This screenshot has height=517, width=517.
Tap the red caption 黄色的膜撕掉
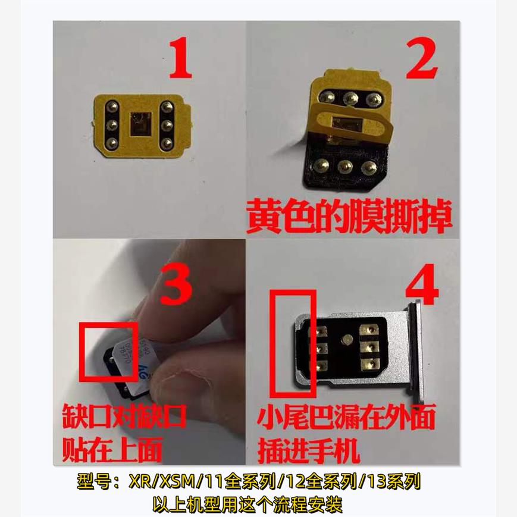pyautogui.click(x=349, y=218)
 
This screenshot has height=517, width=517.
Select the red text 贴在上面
pyautogui.click(x=112, y=450)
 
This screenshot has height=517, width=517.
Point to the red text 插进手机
pyautogui.click(x=309, y=450)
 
